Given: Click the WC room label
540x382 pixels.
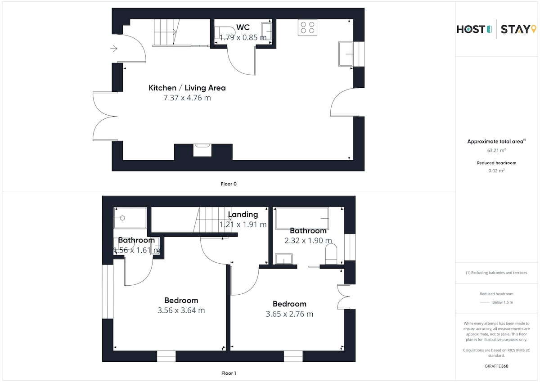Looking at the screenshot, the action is coord(243,27).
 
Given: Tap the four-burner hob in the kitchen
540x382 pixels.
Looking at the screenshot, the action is coord(307,28).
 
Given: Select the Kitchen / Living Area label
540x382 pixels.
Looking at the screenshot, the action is coord(187,88).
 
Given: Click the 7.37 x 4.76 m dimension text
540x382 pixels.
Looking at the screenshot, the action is coord(187,98).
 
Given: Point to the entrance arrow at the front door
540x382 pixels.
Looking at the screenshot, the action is coord(114,49).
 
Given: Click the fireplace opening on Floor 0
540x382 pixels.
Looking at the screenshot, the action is coord(202,150).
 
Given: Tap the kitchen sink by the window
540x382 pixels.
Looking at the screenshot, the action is coord(346,54).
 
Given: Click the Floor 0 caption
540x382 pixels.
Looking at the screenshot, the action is coord(229,184).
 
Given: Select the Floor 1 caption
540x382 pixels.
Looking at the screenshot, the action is coord(229,373).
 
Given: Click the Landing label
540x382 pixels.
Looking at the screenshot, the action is coord(243,214).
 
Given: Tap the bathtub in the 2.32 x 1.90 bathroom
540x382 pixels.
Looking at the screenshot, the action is coord(302,218).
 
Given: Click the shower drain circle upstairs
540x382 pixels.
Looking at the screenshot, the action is coord(122,218).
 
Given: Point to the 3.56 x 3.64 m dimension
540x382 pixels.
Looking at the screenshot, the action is coord(181,310).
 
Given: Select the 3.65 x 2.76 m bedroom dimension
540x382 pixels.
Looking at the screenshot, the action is coord(289,314).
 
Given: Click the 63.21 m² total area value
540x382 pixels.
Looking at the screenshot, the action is coord(496,150).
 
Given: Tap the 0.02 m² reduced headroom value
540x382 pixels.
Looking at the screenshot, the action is coord(496,171).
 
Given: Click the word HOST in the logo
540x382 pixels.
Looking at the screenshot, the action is coord(471,29).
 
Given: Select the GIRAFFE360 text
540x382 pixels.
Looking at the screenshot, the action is coord(496,366).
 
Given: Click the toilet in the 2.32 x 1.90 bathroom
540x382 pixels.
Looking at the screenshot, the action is coord(331,254).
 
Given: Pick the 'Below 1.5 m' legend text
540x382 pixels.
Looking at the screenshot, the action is coord(503,302).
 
